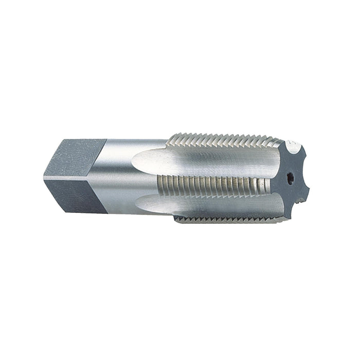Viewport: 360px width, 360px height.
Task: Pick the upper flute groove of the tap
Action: [x=206, y=160]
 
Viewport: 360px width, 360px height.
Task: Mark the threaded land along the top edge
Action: [x=226, y=140]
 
